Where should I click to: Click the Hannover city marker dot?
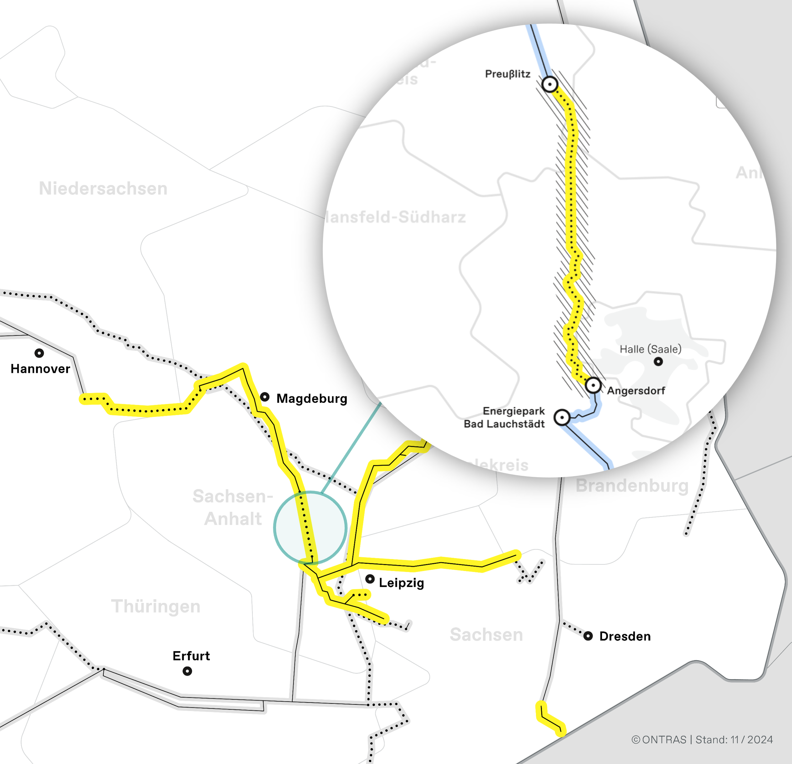(39, 353)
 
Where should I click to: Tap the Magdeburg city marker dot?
(265, 397)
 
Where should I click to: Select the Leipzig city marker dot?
(370, 579)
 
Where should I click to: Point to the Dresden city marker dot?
(588, 636)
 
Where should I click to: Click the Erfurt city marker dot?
(187, 671)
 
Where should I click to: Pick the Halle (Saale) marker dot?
(658, 361)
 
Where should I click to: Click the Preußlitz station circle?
(550, 84)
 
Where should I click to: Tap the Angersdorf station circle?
(593, 385)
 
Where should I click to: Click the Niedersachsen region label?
(103, 189)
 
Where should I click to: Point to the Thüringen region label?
(156, 606)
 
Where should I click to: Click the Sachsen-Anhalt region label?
(233, 507)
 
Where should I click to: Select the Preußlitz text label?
(508, 74)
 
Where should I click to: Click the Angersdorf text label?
(636, 391)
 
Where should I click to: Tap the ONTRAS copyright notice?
(702, 740)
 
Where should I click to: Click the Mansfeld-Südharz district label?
(396, 217)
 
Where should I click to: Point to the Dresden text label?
(625, 636)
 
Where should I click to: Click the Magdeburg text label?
(312, 399)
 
